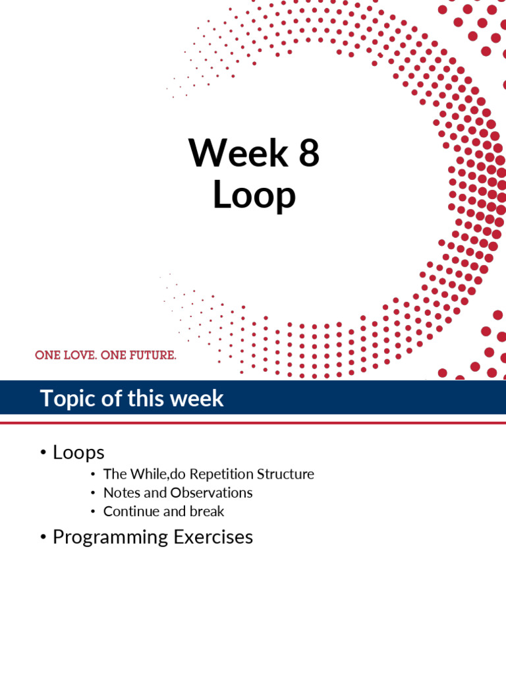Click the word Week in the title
(x=238, y=154)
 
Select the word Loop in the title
(x=254, y=196)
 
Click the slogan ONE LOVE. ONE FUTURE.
(x=105, y=355)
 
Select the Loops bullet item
(x=78, y=452)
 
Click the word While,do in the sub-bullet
(x=158, y=474)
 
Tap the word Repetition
(x=222, y=474)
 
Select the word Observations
(x=211, y=492)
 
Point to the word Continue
(x=128, y=511)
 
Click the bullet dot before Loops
(x=43, y=453)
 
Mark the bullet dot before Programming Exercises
(x=43, y=537)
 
